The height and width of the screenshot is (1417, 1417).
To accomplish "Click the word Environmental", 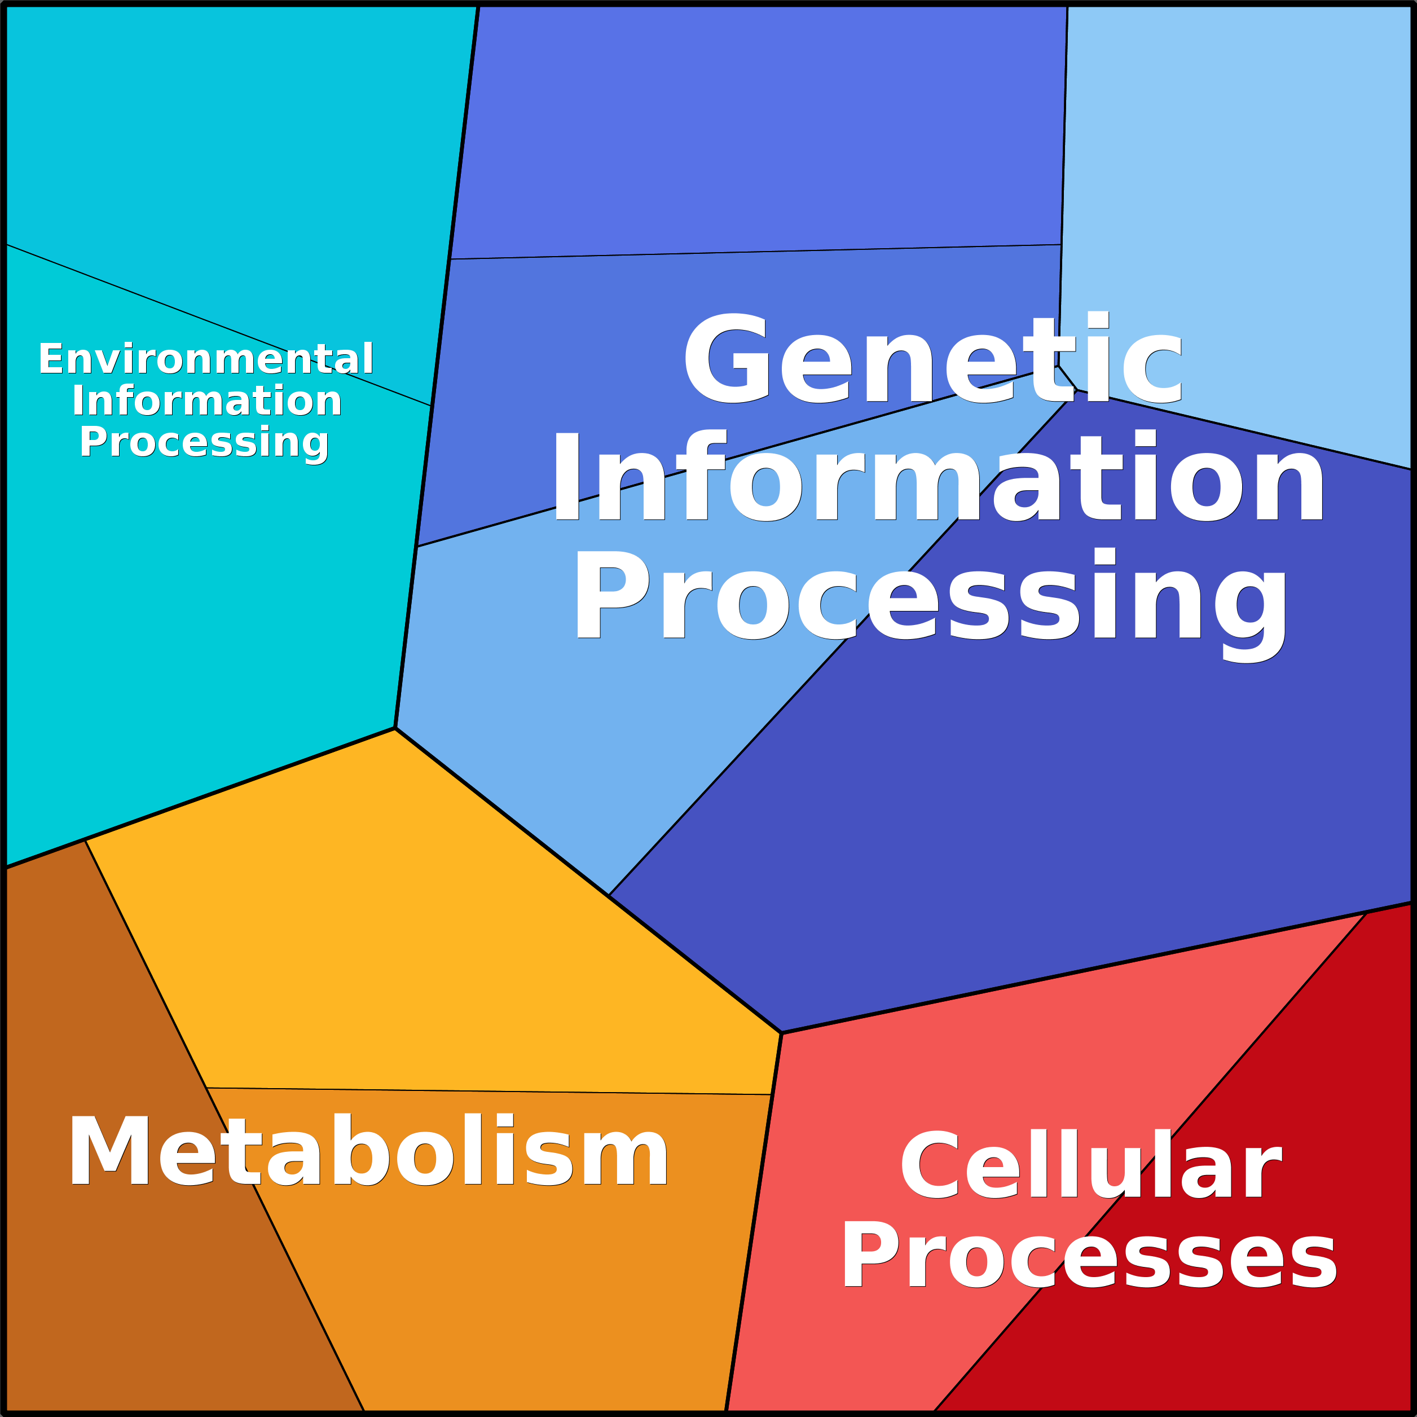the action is tap(206, 359).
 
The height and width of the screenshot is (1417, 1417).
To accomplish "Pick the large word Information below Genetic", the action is tap(938, 476).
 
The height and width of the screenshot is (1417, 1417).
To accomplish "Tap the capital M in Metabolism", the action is tap(109, 1149).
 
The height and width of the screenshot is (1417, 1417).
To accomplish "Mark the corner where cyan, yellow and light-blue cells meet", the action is tap(395, 728).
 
